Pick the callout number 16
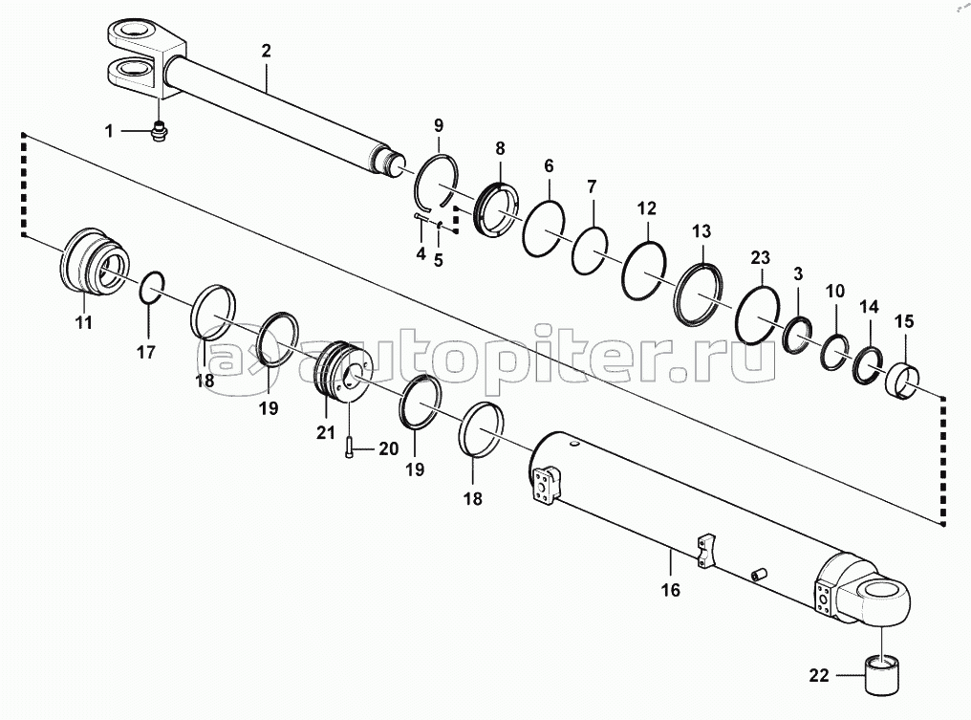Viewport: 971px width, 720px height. pyautogui.click(x=670, y=590)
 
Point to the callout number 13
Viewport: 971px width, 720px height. pyautogui.click(x=701, y=230)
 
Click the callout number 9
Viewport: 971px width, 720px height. pyautogui.click(x=439, y=125)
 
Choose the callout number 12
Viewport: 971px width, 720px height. pyautogui.click(x=647, y=207)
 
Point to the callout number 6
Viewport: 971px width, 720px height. pyautogui.click(x=548, y=165)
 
